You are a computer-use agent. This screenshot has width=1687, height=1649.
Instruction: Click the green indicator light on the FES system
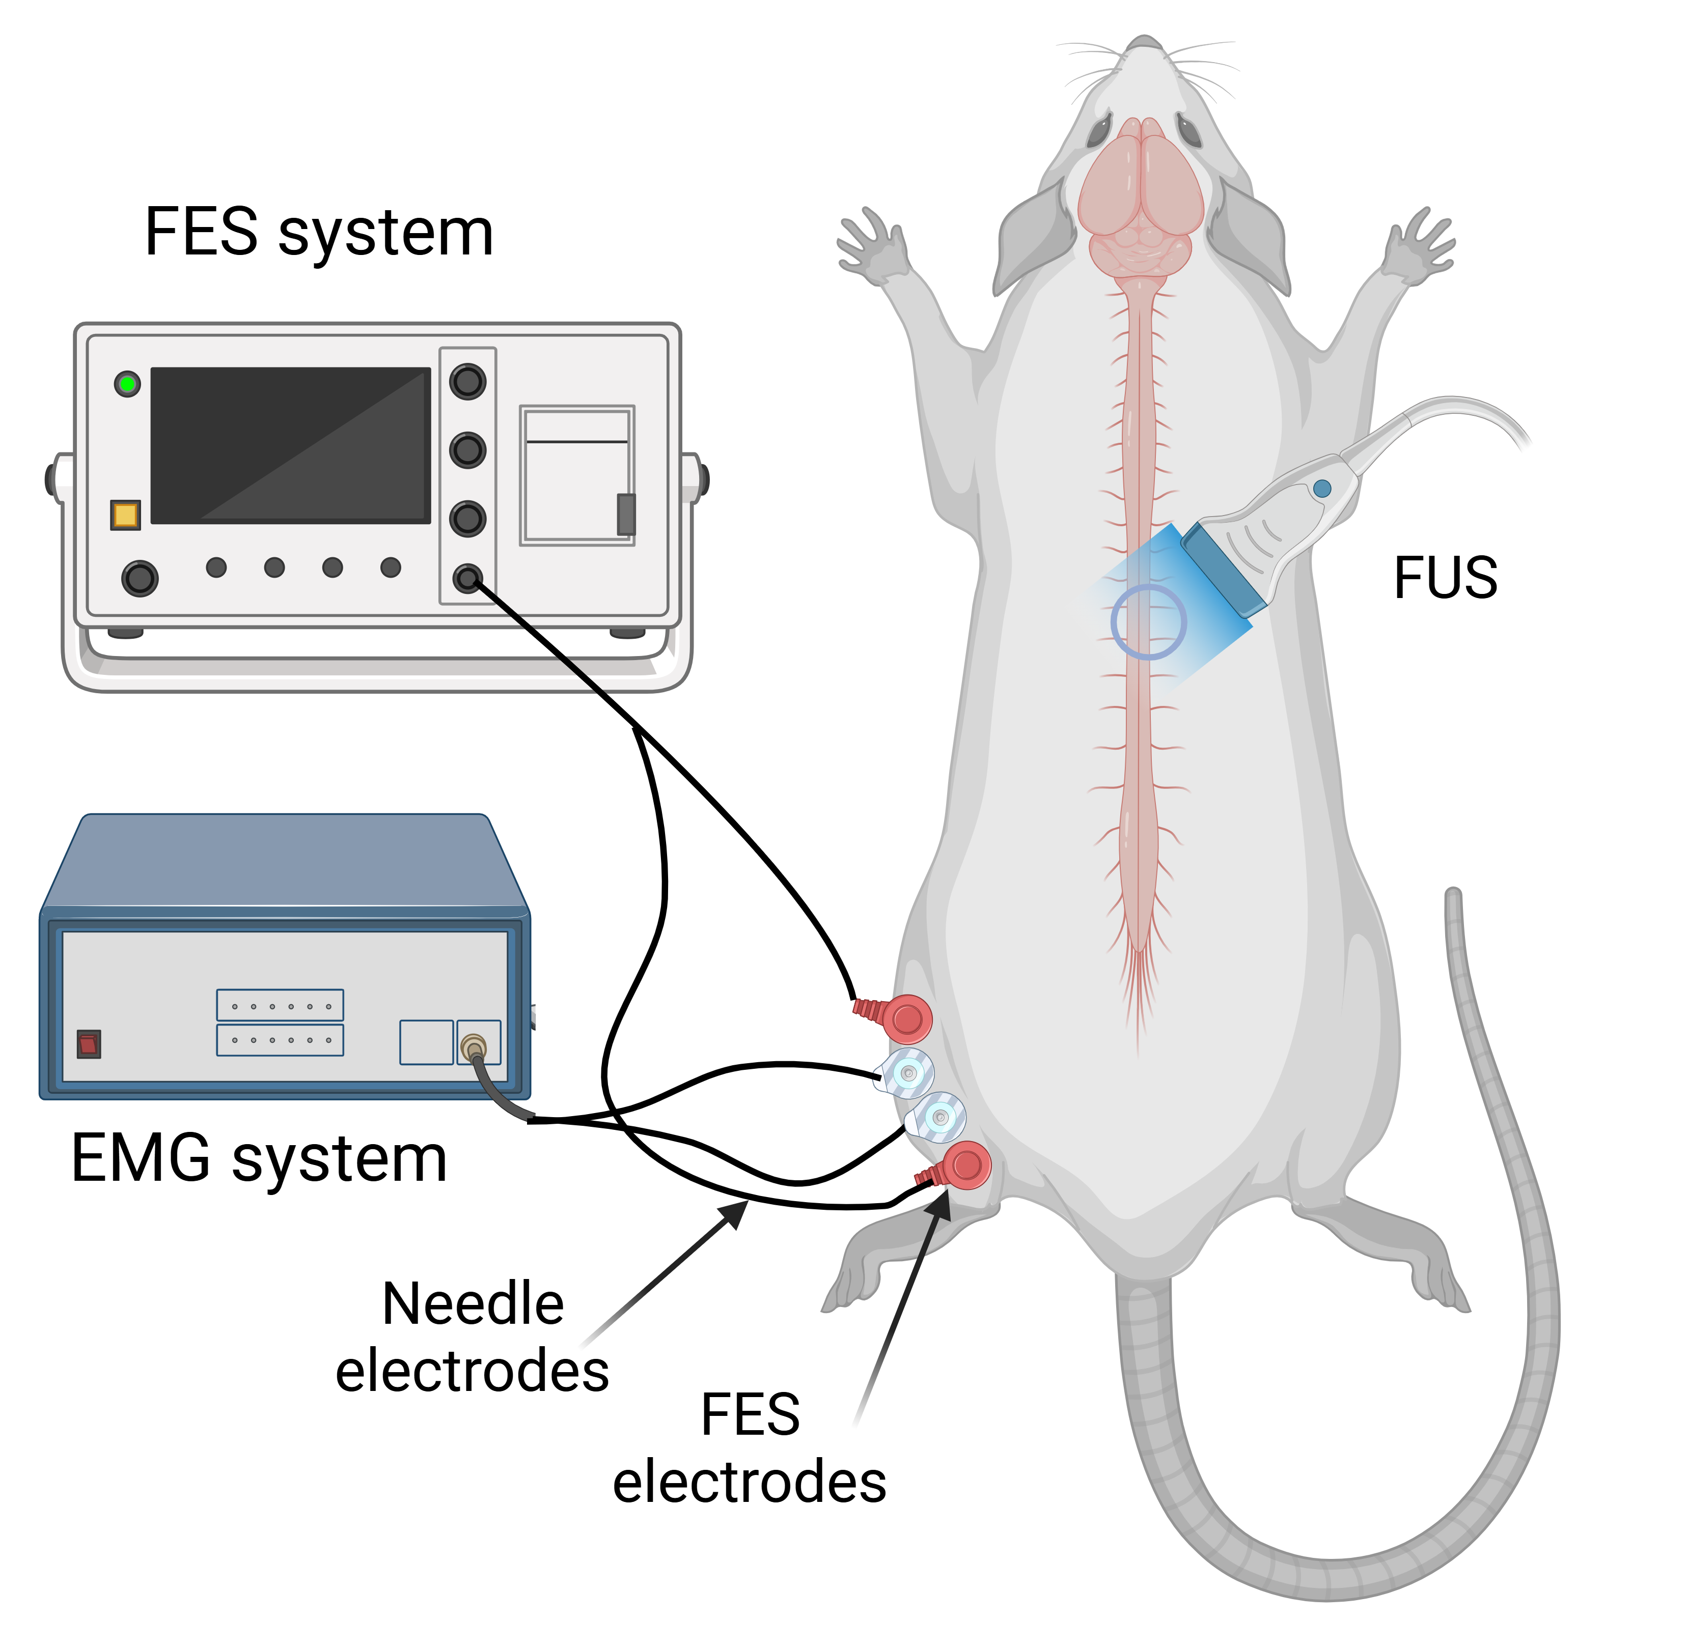click(127, 384)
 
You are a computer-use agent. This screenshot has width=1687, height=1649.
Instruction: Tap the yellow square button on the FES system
click(126, 515)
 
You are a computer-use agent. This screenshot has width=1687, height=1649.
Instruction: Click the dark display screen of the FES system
click(291, 445)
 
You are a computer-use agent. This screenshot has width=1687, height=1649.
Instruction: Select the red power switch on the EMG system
click(89, 1044)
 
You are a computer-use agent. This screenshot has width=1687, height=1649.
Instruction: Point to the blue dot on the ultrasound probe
click(1322, 489)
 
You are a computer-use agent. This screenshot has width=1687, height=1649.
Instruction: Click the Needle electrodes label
click(472, 1337)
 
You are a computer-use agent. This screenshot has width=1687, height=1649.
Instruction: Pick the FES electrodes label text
click(750, 1447)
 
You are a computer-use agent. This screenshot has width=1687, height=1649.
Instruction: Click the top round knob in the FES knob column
click(468, 381)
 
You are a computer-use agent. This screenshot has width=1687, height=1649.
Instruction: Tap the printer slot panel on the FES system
click(577, 475)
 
